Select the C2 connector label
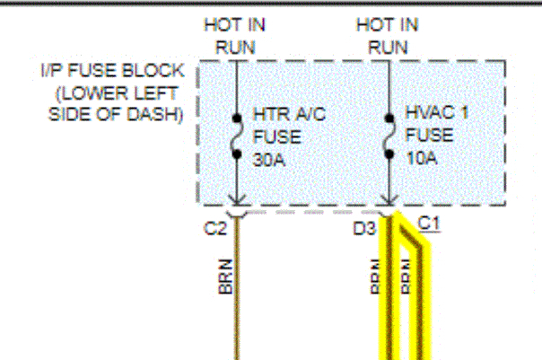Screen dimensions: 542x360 pos(215,229)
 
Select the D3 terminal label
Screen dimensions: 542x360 pos(364,229)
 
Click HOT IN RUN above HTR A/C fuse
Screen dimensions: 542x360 pos(235,36)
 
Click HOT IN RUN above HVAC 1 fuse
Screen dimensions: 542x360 pos(389,36)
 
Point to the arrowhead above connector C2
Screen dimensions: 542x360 pos(236,202)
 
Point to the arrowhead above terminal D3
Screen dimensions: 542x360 pos(389,202)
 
